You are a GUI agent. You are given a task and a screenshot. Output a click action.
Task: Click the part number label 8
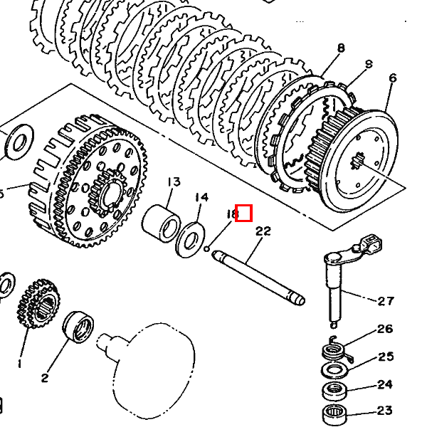point(341,48)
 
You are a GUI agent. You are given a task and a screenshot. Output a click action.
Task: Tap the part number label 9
point(368,64)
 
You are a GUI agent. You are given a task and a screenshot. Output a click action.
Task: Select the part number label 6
point(392,78)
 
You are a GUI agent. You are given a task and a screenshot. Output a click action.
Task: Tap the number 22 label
point(263,231)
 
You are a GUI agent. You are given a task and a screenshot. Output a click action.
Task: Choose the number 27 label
point(385,301)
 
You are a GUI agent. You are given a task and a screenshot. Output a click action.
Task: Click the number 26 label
point(385,329)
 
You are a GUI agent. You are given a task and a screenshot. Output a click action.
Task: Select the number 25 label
point(385,357)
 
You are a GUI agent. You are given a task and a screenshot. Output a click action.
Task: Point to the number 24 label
point(385,385)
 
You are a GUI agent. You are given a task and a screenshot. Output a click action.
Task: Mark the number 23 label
point(385,411)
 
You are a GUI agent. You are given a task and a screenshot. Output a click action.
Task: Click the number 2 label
point(45,378)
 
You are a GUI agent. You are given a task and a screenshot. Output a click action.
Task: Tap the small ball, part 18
point(206,249)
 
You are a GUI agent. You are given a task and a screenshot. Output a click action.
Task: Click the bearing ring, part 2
point(78,328)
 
